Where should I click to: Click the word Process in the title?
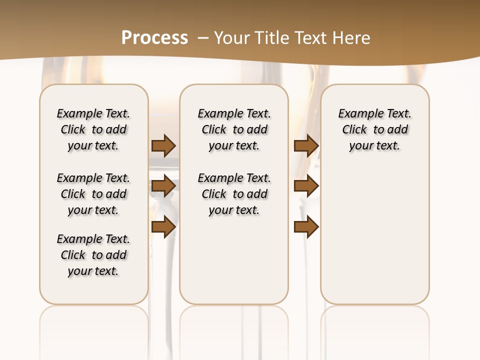click(x=154, y=38)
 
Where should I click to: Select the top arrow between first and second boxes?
click(x=163, y=145)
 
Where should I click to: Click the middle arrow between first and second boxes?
click(x=163, y=186)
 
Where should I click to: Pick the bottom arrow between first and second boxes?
click(x=163, y=227)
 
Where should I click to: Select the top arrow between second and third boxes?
click(x=306, y=145)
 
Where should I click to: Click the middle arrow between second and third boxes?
click(x=306, y=186)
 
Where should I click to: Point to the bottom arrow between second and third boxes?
click(x=306, y=227)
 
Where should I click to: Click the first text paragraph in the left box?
click(x=93, y=129)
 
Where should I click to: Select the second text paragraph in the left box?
click(x=93, y=194)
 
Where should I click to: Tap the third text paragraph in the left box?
click(x=93, y=255)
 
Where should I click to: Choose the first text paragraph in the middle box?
click(x=234, y=129)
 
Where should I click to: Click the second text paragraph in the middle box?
click(x=234, y=194)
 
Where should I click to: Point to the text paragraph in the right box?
click(x=374, y=129)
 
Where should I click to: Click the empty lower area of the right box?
click(x=374, y=235)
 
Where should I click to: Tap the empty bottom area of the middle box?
click(x=234, y=265)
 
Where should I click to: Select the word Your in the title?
click(x=232, y=38)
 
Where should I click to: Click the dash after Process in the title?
click(x=203, y=38)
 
